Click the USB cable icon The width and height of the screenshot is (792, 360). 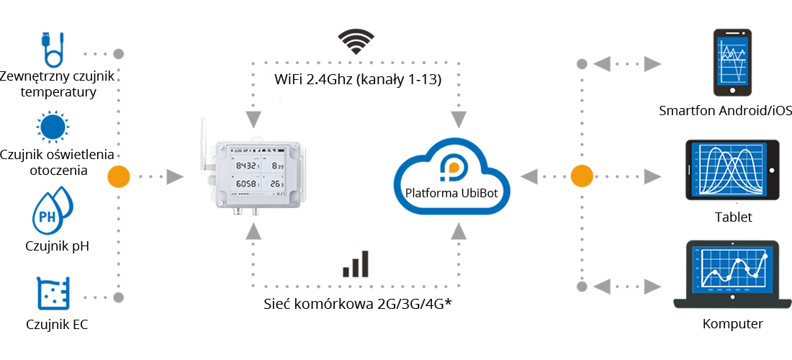(x=53, y=49)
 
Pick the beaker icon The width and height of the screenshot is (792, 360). (x=51, y=294)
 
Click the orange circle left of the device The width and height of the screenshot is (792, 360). (x=118, y=176)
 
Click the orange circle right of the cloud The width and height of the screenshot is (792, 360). (x=580, y=176)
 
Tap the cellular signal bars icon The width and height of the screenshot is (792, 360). (x=356, y=264)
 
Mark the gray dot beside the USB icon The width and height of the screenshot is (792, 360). (x=119, y=54)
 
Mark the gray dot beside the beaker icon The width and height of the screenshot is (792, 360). (x=119, y=297)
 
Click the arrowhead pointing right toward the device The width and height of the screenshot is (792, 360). (x=175, y=176)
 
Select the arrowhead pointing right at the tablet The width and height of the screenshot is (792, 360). (x=653, y=176)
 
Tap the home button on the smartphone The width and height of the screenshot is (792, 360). (x=732, y=91)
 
